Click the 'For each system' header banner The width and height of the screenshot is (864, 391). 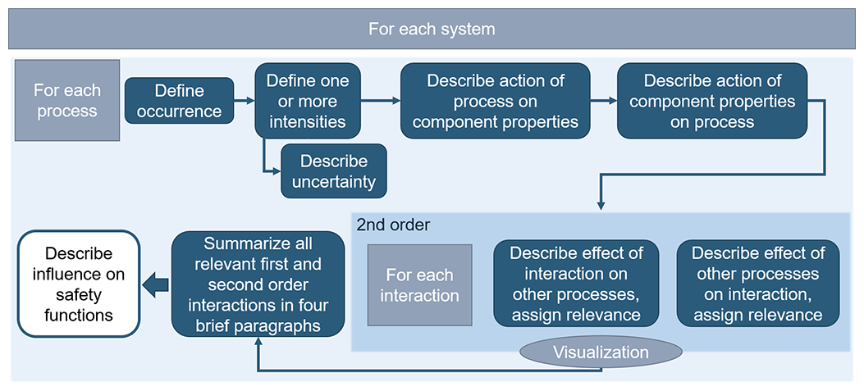[432, 30]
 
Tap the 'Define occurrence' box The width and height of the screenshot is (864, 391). [179, 101]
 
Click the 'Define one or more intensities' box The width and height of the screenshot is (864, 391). [308, 102]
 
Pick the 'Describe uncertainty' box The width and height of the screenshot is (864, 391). [333, 171]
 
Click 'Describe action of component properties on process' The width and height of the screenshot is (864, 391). [712, 102]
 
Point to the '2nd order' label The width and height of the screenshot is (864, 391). [382, 224]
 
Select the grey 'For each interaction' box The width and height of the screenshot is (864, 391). [419, 284]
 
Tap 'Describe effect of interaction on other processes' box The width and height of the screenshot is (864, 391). [577, 284]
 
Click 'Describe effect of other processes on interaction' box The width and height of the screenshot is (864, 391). [758, 284]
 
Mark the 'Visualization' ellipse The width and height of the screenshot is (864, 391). [601, 352]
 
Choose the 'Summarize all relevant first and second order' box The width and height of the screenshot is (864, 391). [258, 284]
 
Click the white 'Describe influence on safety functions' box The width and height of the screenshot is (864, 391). [79, 284]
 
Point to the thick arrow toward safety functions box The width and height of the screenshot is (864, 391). [156, 284]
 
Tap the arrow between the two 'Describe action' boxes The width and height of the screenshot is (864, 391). [604, 102]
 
